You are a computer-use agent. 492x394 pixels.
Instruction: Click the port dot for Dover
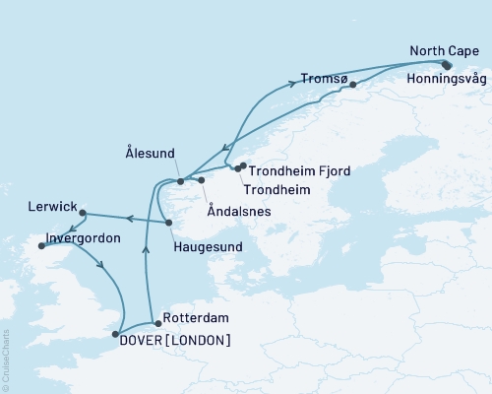(x=117, y=333)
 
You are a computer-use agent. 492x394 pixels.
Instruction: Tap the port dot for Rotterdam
(x=156, y=321)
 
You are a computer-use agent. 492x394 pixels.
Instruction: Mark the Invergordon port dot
(x=40, y=246)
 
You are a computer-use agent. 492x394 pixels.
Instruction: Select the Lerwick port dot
(x=84, y=213)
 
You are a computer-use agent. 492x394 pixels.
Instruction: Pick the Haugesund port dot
(x=163, y=222)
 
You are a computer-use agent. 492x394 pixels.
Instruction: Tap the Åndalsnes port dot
(x=201, y=180)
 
